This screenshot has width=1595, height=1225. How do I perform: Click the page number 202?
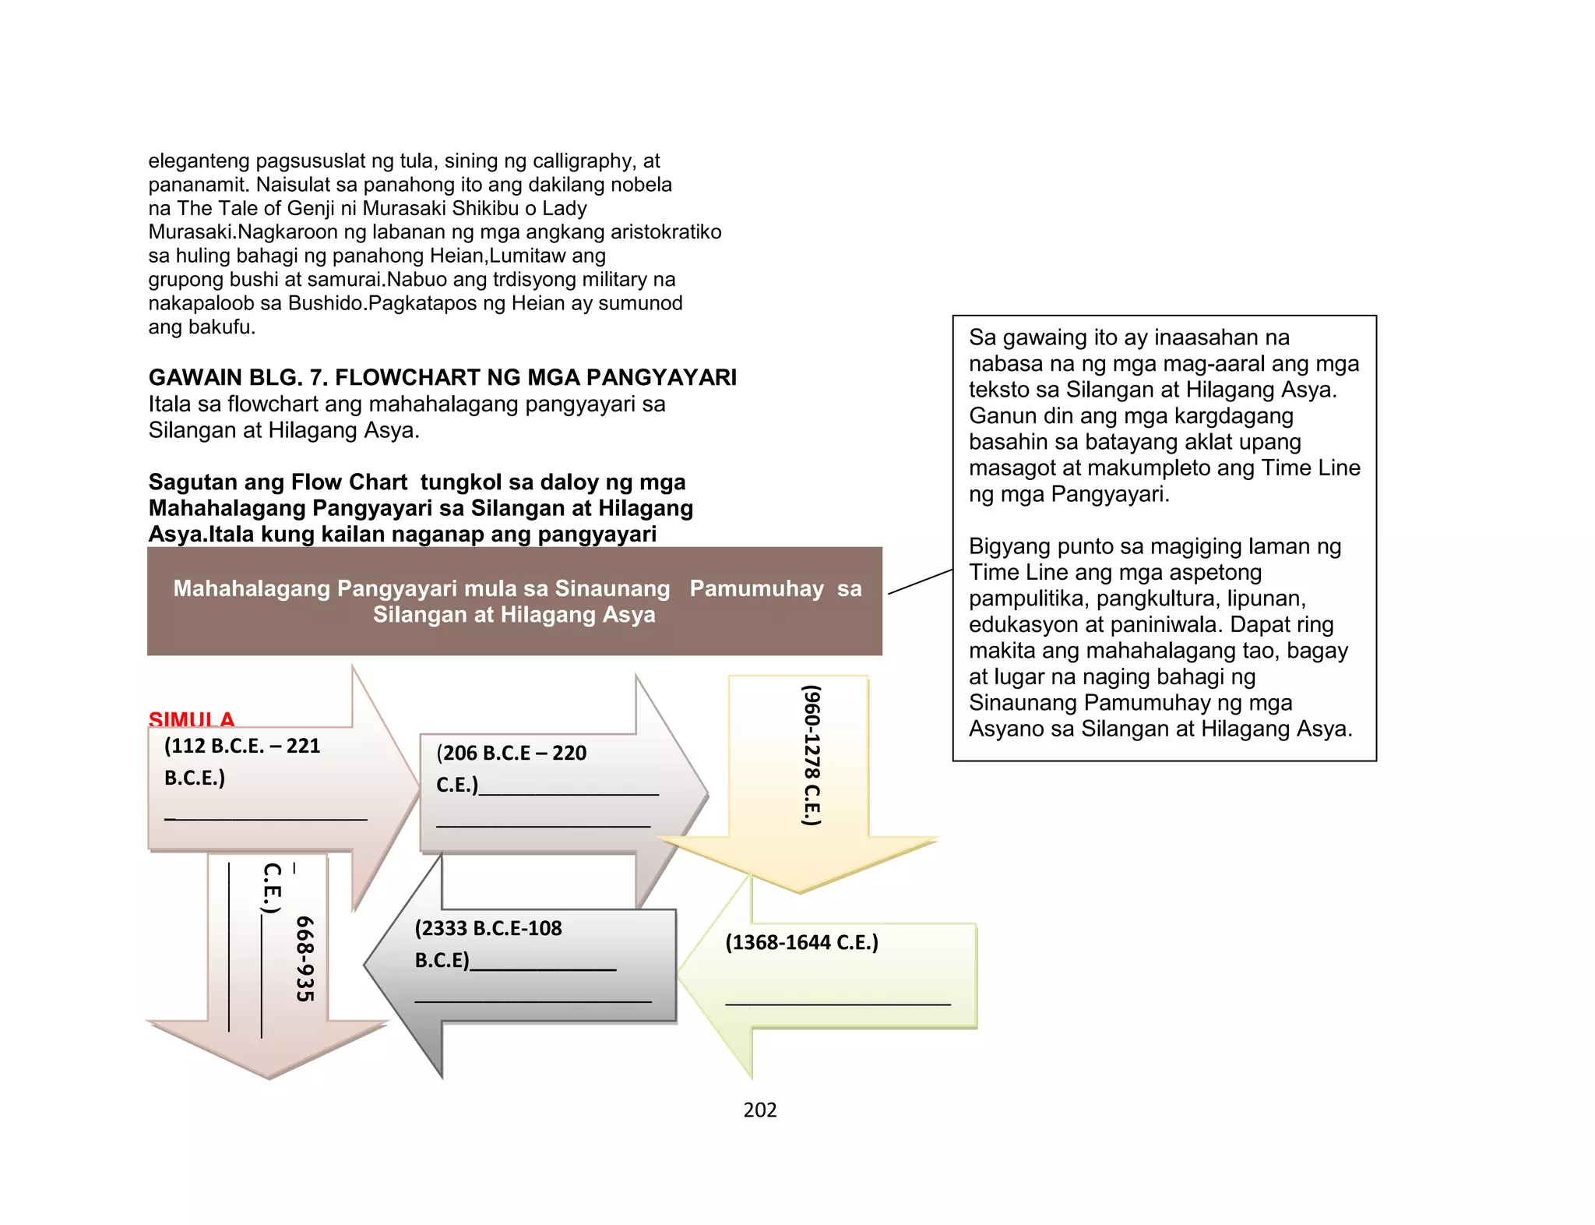[x=759, y=1110]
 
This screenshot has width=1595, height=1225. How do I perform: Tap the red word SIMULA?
[x=192, y=718]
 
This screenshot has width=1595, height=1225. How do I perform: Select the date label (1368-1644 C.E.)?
[x=801, y=942]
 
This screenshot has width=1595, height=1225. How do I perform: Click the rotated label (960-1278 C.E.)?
[x=812, y=754]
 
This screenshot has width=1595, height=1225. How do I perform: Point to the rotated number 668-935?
[x=305, y=958]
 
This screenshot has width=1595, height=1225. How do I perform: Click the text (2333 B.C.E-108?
[x=488, y=928]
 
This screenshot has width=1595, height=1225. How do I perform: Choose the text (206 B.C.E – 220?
[x=511, y=753]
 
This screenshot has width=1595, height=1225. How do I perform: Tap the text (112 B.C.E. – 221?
[x=242, y=746]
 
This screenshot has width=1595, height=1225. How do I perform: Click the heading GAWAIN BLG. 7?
[x=238, y=377]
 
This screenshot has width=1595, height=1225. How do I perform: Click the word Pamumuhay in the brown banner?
[x=756, y=588]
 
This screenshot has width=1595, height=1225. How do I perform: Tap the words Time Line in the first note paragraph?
[x=1311, y=468]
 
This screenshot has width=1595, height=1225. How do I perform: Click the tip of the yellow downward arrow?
[x=800, y=891]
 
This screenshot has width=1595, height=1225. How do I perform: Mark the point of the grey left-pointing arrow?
[x=366, y=966]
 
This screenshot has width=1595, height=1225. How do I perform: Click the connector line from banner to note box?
[x=920, y=581]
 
